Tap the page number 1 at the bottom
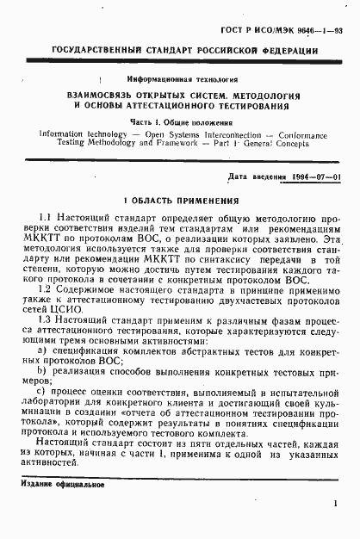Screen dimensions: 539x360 point(333,508)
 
